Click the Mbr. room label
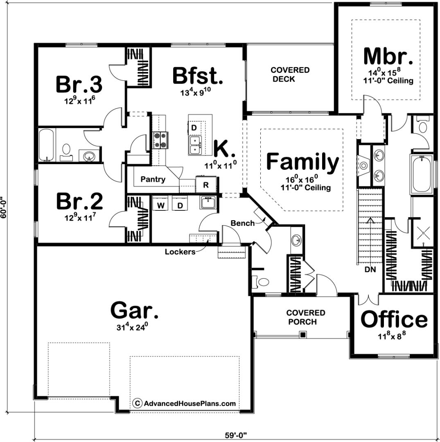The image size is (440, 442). pyautogui.click(x=388, y=56)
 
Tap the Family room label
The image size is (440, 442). pyautogui.click(x=302, y=161)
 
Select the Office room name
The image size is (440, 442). pyautogui.click(x=394, y=319)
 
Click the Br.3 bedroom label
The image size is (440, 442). pyautogui.click(x=79, y=84)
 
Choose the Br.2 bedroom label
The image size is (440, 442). pyautogui.click(x=79, y=201)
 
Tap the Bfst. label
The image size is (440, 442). pyautogui.click(x=197, y=76)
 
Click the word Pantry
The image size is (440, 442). pyautogui.click(x=153, y=179)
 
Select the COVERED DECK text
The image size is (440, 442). pyautogui.click(x=290, y=74)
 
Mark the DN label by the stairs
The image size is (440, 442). pyautogui.click(x=370, y=269)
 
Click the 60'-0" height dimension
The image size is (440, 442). pyautogui.click(x=3, y=207)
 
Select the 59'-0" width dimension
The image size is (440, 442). pyautogui.click(x=236, y=435)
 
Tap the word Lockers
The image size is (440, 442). pyautogui.click(x=180, y=251)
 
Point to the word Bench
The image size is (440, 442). pyautogui.click(x=243, y=223)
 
